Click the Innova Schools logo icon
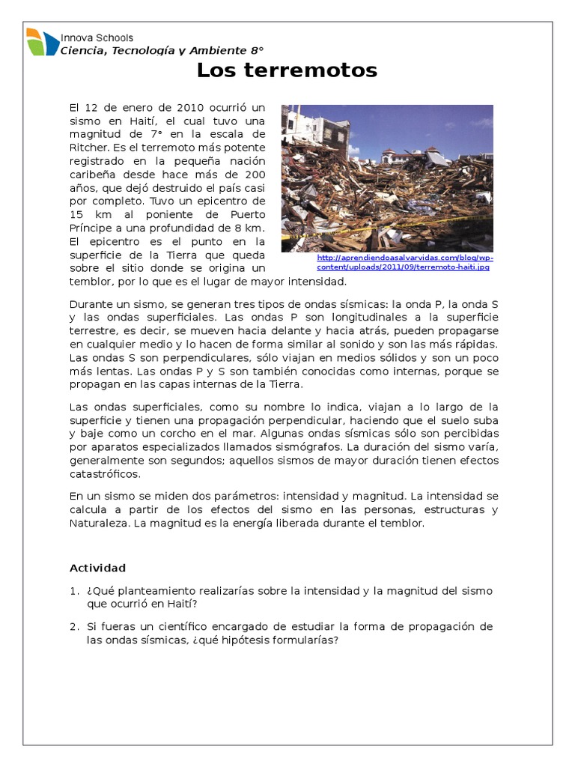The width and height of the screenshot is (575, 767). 42,43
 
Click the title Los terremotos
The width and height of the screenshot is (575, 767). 287,71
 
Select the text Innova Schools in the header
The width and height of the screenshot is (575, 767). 97,37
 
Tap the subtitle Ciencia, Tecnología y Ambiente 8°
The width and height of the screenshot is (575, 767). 162,51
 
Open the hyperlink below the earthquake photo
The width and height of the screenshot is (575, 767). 404,262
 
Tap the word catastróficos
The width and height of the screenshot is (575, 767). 105,474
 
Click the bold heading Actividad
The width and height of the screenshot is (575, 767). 98,568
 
